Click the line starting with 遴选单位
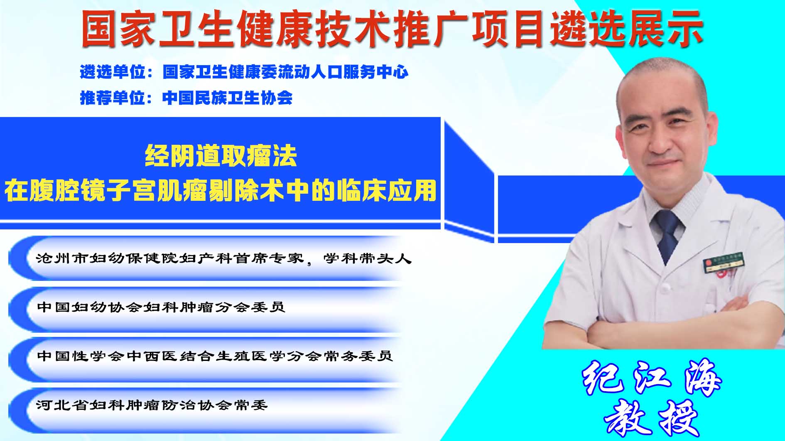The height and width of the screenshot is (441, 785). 244,72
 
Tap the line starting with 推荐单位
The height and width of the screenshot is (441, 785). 186,98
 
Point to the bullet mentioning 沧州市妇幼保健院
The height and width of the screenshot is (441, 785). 223,258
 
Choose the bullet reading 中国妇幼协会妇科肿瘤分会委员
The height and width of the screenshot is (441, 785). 161,307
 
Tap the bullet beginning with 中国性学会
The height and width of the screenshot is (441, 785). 214,356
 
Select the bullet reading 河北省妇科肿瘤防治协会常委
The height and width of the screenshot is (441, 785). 152,404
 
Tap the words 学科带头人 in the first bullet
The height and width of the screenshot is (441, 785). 367,258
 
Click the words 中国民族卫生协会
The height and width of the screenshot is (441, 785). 228,98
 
